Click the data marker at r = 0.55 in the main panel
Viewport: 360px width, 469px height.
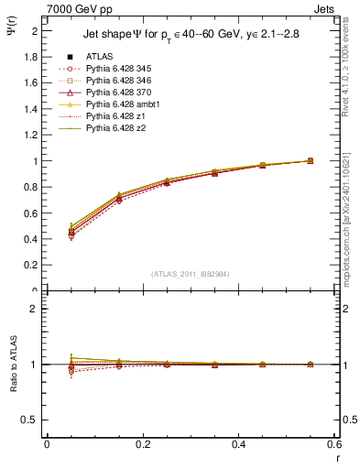coord(310,161)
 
